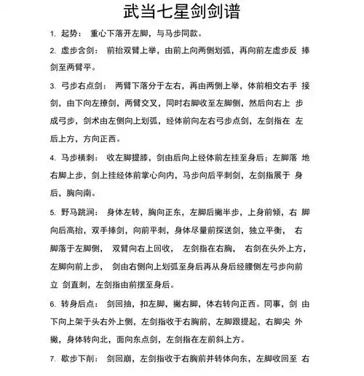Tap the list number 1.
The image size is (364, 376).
tap(52, 34)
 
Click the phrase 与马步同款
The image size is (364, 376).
tap(175, 34)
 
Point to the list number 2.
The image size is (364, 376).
tap(52, 51)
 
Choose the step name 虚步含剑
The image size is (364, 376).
tap(81, 51)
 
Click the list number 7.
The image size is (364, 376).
tap(52, 359)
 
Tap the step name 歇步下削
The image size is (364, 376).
tap(81, 359)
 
